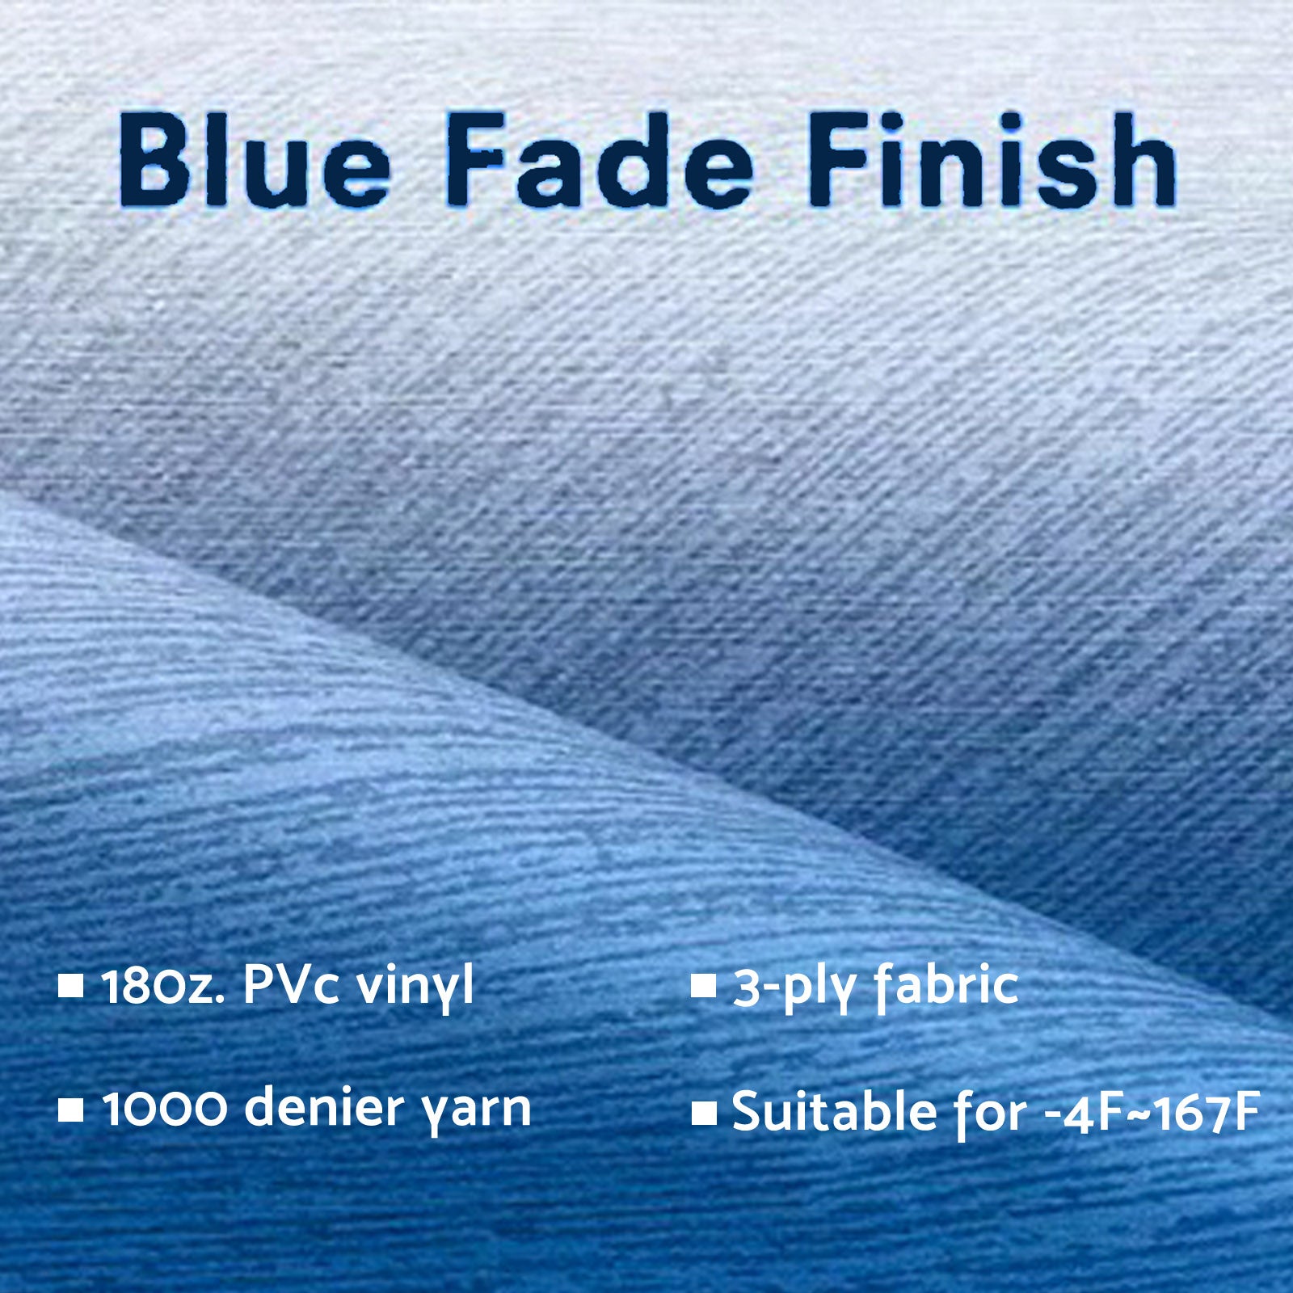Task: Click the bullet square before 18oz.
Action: click(72, 987)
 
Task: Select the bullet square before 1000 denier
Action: click(72, 1110)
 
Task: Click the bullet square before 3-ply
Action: click(704, 988)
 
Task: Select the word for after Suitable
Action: click(991, 1114)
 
